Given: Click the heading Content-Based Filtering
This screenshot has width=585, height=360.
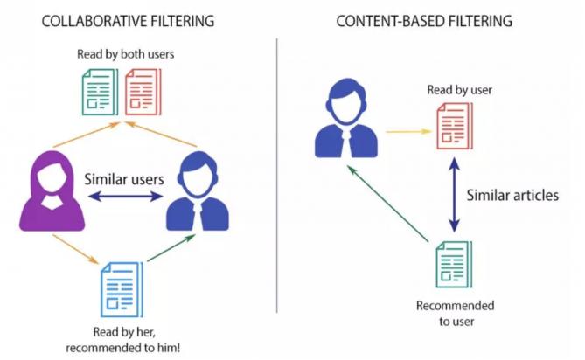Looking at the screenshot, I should point(424,19).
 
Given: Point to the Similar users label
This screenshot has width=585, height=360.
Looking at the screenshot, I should point(124,180).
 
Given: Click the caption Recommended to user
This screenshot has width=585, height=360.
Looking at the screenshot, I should point(455,313).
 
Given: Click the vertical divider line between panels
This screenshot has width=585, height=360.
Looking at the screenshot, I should point(277,175).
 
